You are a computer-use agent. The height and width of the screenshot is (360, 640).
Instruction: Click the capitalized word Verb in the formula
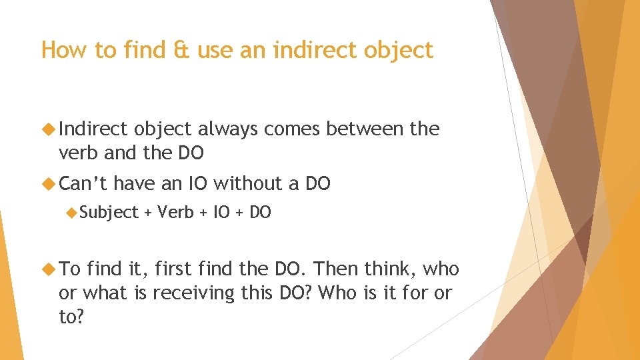pos(176,213)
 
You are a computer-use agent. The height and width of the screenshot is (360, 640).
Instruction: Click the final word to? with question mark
pos(71,317)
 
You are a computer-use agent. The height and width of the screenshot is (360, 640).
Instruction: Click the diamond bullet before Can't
pos(48,183)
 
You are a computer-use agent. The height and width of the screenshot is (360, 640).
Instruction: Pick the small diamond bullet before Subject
pos(72,213)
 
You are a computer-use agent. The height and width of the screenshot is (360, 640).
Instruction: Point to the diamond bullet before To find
pos(48,269)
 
